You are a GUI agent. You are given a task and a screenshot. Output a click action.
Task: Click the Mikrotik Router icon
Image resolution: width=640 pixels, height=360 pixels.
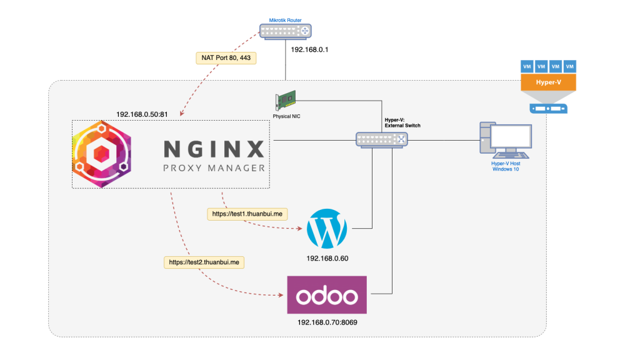[285, 31]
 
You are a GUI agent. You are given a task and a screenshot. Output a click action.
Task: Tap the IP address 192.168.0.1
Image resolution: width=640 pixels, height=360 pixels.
[309, 50]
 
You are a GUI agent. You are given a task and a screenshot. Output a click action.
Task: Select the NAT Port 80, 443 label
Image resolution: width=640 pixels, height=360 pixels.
[226, 58]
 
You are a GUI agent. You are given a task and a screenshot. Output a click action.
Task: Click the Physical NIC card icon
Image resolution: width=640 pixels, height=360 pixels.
[285, 101]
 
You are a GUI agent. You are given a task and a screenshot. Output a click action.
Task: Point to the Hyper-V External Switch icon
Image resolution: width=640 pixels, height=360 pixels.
[382, 140]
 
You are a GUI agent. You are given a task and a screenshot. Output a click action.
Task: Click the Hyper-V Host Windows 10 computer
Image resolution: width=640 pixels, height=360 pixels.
[506, 140]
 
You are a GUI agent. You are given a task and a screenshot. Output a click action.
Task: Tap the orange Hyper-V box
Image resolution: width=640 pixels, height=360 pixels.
[548, 82]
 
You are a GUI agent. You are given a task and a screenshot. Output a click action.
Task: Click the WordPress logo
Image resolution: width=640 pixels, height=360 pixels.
[327, 229]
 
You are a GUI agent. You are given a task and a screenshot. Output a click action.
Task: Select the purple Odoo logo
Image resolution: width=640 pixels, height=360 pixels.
[327, 295]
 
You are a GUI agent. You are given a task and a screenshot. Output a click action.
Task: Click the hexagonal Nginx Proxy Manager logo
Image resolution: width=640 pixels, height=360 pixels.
[102, 154]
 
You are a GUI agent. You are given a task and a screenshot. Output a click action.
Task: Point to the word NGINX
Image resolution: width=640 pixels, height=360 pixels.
[214, 149]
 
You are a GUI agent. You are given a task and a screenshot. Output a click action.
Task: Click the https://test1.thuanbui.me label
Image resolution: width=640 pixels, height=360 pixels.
[247, 214]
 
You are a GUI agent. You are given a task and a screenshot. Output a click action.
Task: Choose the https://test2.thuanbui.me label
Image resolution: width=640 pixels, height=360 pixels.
[204, 262]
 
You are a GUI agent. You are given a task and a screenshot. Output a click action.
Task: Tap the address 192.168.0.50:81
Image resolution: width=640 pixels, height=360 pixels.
[142, 114]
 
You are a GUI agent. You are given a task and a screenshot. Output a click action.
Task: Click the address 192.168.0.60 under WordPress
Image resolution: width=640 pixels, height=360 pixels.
[327, 258]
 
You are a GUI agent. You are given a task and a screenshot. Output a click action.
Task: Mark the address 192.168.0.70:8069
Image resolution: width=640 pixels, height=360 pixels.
[327, 322]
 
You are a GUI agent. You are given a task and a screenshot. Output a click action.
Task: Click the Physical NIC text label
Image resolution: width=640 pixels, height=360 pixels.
[286, 116]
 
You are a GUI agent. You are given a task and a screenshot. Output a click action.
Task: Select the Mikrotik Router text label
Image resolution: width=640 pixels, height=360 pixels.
[285, 20]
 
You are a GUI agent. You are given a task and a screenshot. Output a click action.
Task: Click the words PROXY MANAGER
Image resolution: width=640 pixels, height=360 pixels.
[214, 168]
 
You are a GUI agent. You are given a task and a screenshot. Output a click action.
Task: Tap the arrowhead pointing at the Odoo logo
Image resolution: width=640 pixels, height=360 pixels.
[281, 295]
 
